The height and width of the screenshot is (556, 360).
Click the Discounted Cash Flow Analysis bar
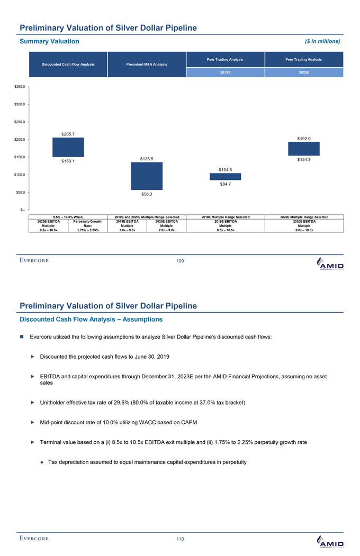[68, 147]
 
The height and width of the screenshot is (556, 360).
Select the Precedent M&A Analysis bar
[147, 176]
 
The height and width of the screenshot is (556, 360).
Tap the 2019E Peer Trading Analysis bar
[226, 177]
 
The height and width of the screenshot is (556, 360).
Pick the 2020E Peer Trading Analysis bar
[303, 149]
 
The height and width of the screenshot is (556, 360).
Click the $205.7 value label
[68, 134]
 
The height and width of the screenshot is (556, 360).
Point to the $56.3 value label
[147, 194]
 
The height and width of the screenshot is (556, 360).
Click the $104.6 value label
[226, 169]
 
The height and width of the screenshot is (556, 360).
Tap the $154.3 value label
[303, 159]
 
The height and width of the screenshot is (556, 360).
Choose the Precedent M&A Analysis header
[147, 65]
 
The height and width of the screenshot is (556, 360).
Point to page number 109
[180, 261]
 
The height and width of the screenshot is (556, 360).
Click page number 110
[180, 539]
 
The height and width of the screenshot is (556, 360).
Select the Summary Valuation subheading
[49, 41]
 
